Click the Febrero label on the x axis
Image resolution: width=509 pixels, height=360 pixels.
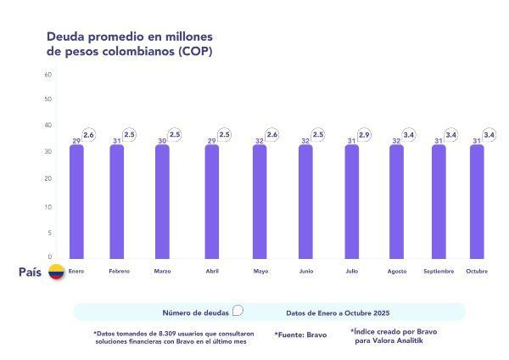(119, 272)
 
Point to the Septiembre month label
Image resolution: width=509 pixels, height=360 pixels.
(439, 272)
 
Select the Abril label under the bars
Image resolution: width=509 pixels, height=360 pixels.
(212, 272)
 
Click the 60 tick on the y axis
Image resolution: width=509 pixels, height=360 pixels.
(48, 75)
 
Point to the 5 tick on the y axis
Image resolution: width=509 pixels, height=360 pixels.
(50, 233)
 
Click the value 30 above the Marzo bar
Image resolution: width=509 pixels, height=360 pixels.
(162, 141)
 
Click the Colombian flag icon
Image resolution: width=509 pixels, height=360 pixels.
(56, 273)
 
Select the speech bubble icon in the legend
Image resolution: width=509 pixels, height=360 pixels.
(238, 311)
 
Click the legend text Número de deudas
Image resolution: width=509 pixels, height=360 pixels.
(195, 312)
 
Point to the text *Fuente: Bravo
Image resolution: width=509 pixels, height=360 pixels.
(301, 335)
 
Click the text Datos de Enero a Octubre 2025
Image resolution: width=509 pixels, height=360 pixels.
(338, 312)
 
